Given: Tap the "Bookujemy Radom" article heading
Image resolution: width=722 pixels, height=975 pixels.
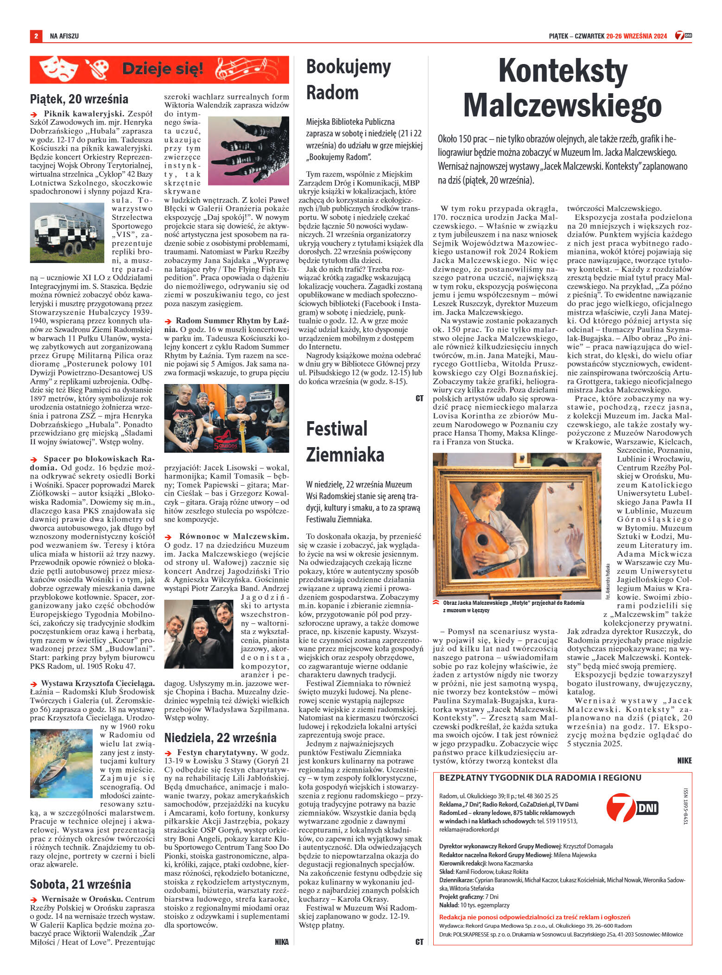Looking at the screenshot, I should coord(348,80).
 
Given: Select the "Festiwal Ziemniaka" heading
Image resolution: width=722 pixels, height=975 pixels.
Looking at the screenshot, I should coord(345,441).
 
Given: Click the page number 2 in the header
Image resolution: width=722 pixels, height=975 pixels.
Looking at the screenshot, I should coord(35,36).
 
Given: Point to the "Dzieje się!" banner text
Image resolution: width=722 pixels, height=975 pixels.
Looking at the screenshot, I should coord(162,70).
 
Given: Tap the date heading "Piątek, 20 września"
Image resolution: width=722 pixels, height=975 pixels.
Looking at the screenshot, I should coord(79,99).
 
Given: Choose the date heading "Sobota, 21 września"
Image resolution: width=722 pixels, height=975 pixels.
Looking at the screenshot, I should coord(80,884).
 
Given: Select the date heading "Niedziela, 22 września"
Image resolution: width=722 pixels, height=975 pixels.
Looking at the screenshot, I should coord(220,738).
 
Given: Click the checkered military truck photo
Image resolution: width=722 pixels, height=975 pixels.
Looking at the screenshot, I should coord(67,233).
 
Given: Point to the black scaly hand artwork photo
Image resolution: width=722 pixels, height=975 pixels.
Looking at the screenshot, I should coord(248,150).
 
